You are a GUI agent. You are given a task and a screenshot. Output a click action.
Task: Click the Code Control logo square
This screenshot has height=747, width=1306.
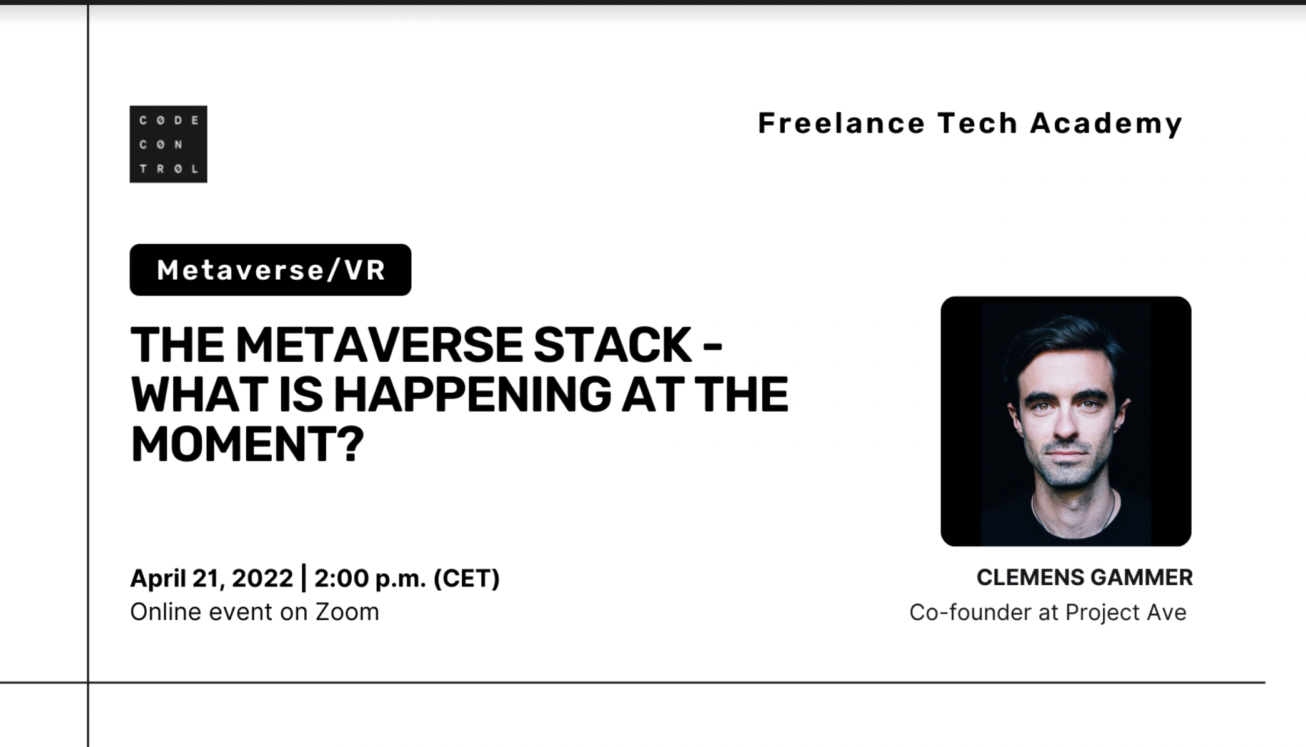click(168, 144)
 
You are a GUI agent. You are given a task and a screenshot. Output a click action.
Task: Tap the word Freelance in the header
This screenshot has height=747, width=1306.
click(841, 123)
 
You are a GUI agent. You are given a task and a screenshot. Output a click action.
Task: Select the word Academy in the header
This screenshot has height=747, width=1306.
click(1106, 124)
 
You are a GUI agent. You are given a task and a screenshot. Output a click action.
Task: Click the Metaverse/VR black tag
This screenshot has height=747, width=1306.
click(271, 270)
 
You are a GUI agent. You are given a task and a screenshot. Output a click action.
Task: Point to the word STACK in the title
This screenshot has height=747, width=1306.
click(612, 345)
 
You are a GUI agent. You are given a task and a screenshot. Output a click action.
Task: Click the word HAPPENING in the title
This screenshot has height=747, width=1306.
click(473, 394)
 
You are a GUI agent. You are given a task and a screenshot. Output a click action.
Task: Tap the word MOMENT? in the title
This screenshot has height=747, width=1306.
click(247, 444)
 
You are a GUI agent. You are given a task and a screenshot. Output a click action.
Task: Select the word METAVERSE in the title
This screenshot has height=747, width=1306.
click(379, 345)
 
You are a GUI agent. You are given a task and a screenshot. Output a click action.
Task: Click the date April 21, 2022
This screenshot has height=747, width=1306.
click(211, 578)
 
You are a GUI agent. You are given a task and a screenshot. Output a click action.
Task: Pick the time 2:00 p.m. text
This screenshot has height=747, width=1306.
click(370, 578)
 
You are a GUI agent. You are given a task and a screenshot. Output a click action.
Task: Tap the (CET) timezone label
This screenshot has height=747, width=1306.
click(467, 578)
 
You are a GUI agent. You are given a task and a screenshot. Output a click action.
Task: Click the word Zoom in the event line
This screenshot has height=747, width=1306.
click(347, 612)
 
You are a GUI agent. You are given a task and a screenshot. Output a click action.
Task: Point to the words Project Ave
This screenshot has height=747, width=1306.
click(1125, 613)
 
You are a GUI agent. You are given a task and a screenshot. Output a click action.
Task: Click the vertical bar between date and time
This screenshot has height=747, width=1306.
click(304, 578)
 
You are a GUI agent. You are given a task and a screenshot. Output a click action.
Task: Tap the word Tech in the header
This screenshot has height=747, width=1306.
click(977, 123)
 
